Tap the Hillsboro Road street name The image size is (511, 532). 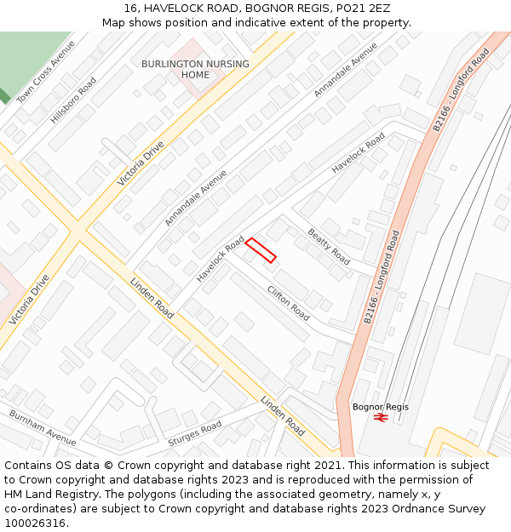point(73,100)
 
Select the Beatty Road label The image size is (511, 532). point(329,246)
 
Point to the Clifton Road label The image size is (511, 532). point(288,302)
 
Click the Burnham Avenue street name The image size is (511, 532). point(43,427)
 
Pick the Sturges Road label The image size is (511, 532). point(195,433)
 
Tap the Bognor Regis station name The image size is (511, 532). point(380,407)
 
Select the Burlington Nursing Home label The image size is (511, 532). point(195,69)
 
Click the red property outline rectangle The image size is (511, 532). point(261,250)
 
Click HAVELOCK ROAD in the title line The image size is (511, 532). point(187,8)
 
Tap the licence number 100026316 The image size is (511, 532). point(36,523)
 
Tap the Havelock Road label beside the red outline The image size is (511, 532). point(220,260)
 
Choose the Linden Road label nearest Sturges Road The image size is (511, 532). point(282,415)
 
